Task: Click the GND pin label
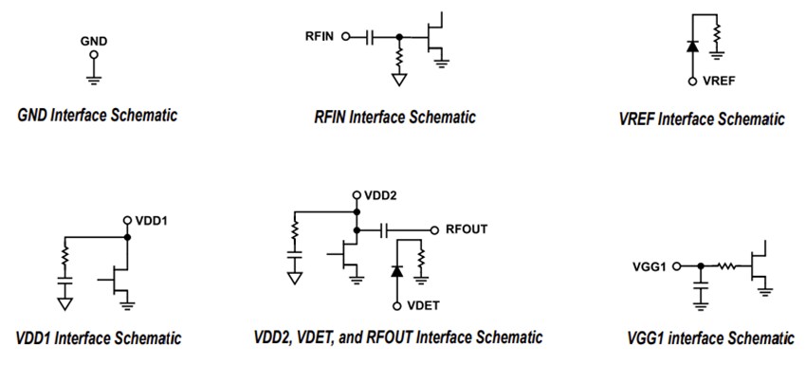(94, 42)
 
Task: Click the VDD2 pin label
(379, 194)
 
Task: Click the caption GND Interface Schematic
(97, 115)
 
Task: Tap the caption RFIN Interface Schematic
(394, 118)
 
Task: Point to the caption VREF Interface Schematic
(701, 119)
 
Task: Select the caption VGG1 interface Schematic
(706, 338)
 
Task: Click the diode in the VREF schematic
(691, 46)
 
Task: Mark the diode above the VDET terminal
(396, 272)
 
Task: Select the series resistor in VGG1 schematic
(728, 266)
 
